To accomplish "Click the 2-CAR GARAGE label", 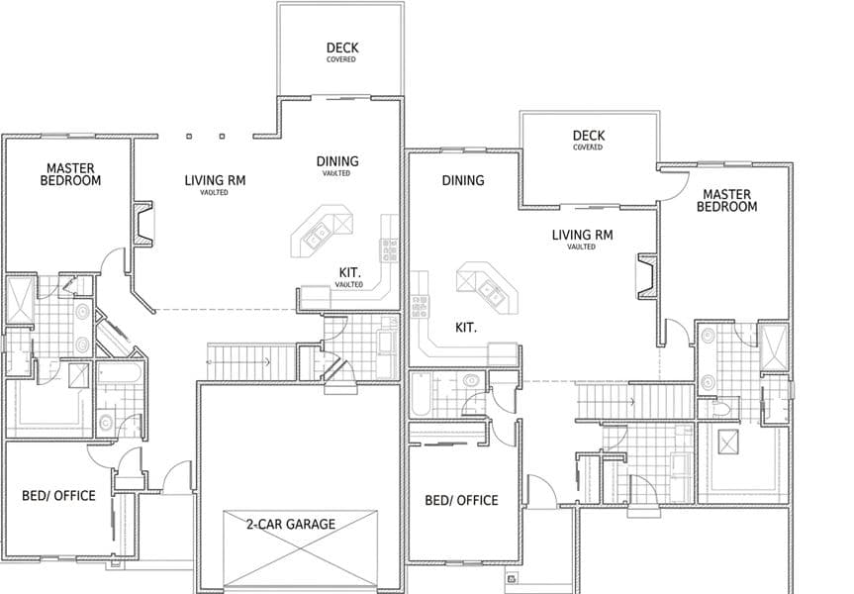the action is pyautogui.click(x=291, y=525).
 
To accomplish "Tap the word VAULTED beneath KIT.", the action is pyautogui.click(x=349, y=285).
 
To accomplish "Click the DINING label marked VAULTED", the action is pyautogui.click(x=337, y=161).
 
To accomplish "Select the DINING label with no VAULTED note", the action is pyautogui.click(x=463, y=180).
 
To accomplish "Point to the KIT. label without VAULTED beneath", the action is pyautogui.click(x=466, y=328).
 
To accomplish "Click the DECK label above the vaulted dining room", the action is pyautogui.click(x=342, y=48).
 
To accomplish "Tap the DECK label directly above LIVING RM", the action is pyautogui.click(x=588, y=136).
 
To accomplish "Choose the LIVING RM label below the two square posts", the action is pyautogui.click(x=215, y=180).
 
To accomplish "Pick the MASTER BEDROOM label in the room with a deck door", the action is pyautogui.click(x=727, y=201).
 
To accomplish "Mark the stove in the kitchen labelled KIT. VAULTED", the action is pyautogui.click(x=390, y=250).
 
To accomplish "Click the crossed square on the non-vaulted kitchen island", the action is pyautogui.click(x=467, y=281).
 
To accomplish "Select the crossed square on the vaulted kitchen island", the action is pyautogui.click(x=343, y=224).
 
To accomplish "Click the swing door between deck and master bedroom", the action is pyautogui.click(x=674, y=185).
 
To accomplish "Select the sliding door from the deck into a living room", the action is pyautogui.click(x=591, y=207).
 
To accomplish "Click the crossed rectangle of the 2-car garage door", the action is pyautogui.click(x=300, y=549).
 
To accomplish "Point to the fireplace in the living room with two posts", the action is pyautogui.click(x=143, y=225).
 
